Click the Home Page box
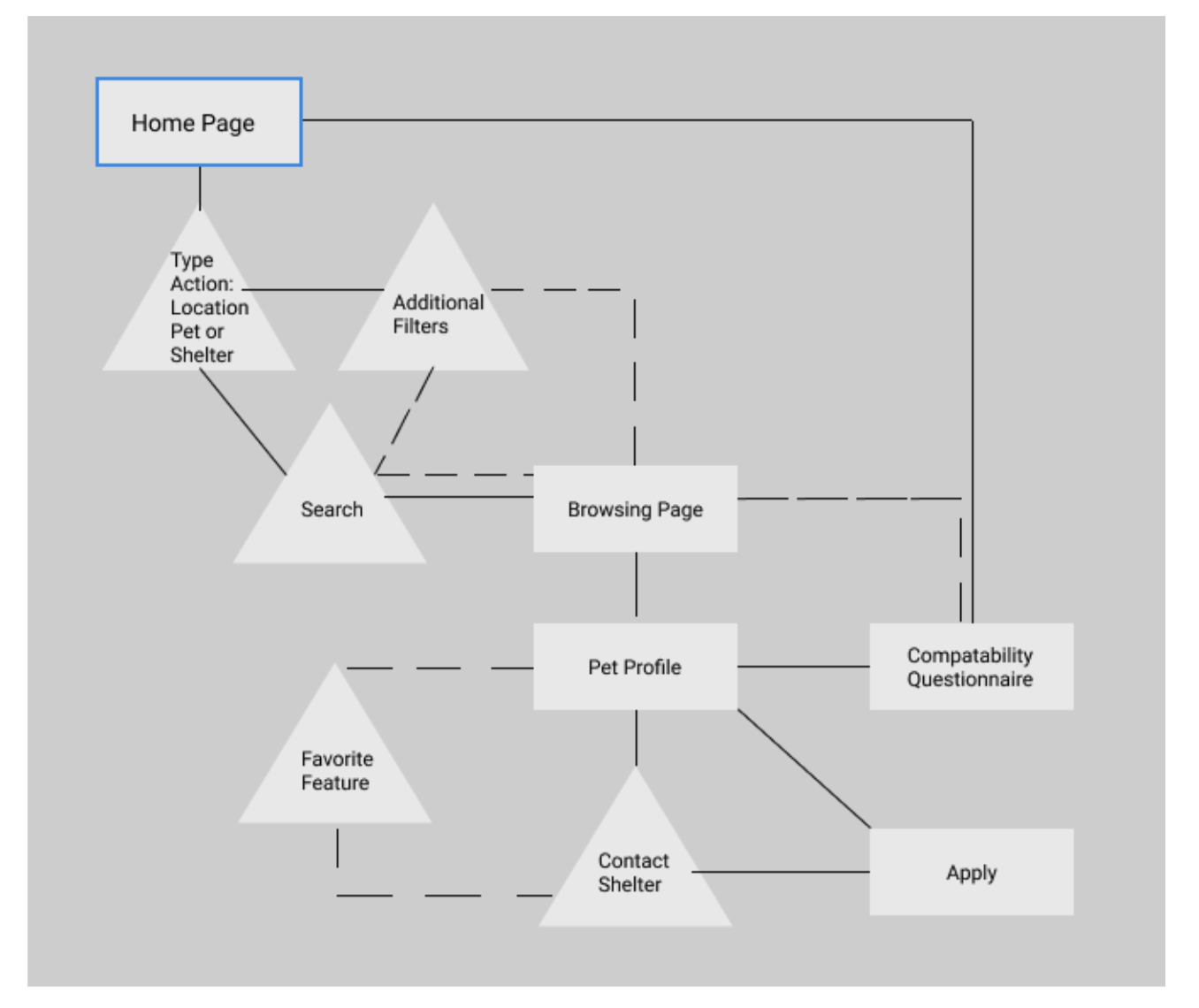pyautogui.click(x=199, y=122)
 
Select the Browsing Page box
pyautogui.click(x=635, y=509)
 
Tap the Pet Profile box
pyautogui.click(x=635, y=667)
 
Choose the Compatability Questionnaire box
pyautogui.click(x=971, y=667)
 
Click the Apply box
pyautogui.click(x=971, y=872)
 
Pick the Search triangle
pyautogui.click(x=330, y=506)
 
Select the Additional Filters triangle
pyautogui.click(x=433, y=310)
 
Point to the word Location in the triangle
pyautogui.click(x=210, y=308)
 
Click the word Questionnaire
pyautogui.click(x=970, y=679)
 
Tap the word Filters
pyautogui.click(x=420, y=325)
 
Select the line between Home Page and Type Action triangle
pyautogui.click(x=200, y=188)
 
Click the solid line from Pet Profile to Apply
pyautogui.click(x=804, y=769)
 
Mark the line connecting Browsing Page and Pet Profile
pyautogui.click(x=636, y=584)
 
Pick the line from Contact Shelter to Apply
pyautogui.click(x=781, y=872)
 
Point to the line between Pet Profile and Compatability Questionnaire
pyautogui.click(x=804, y=667)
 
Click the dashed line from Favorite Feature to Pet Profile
pyautogui.click(x=439, y=668)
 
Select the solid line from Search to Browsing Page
pyautogui.click(x=459, y=496)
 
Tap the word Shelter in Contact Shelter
pyautogui.click(x=630, y=884)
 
